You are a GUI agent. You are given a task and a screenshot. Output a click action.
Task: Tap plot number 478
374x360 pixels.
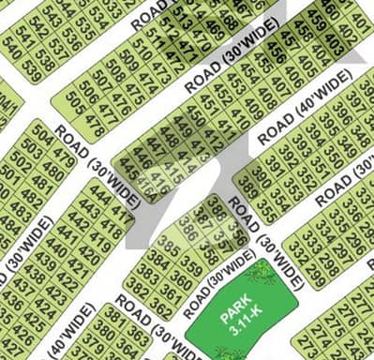96,121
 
